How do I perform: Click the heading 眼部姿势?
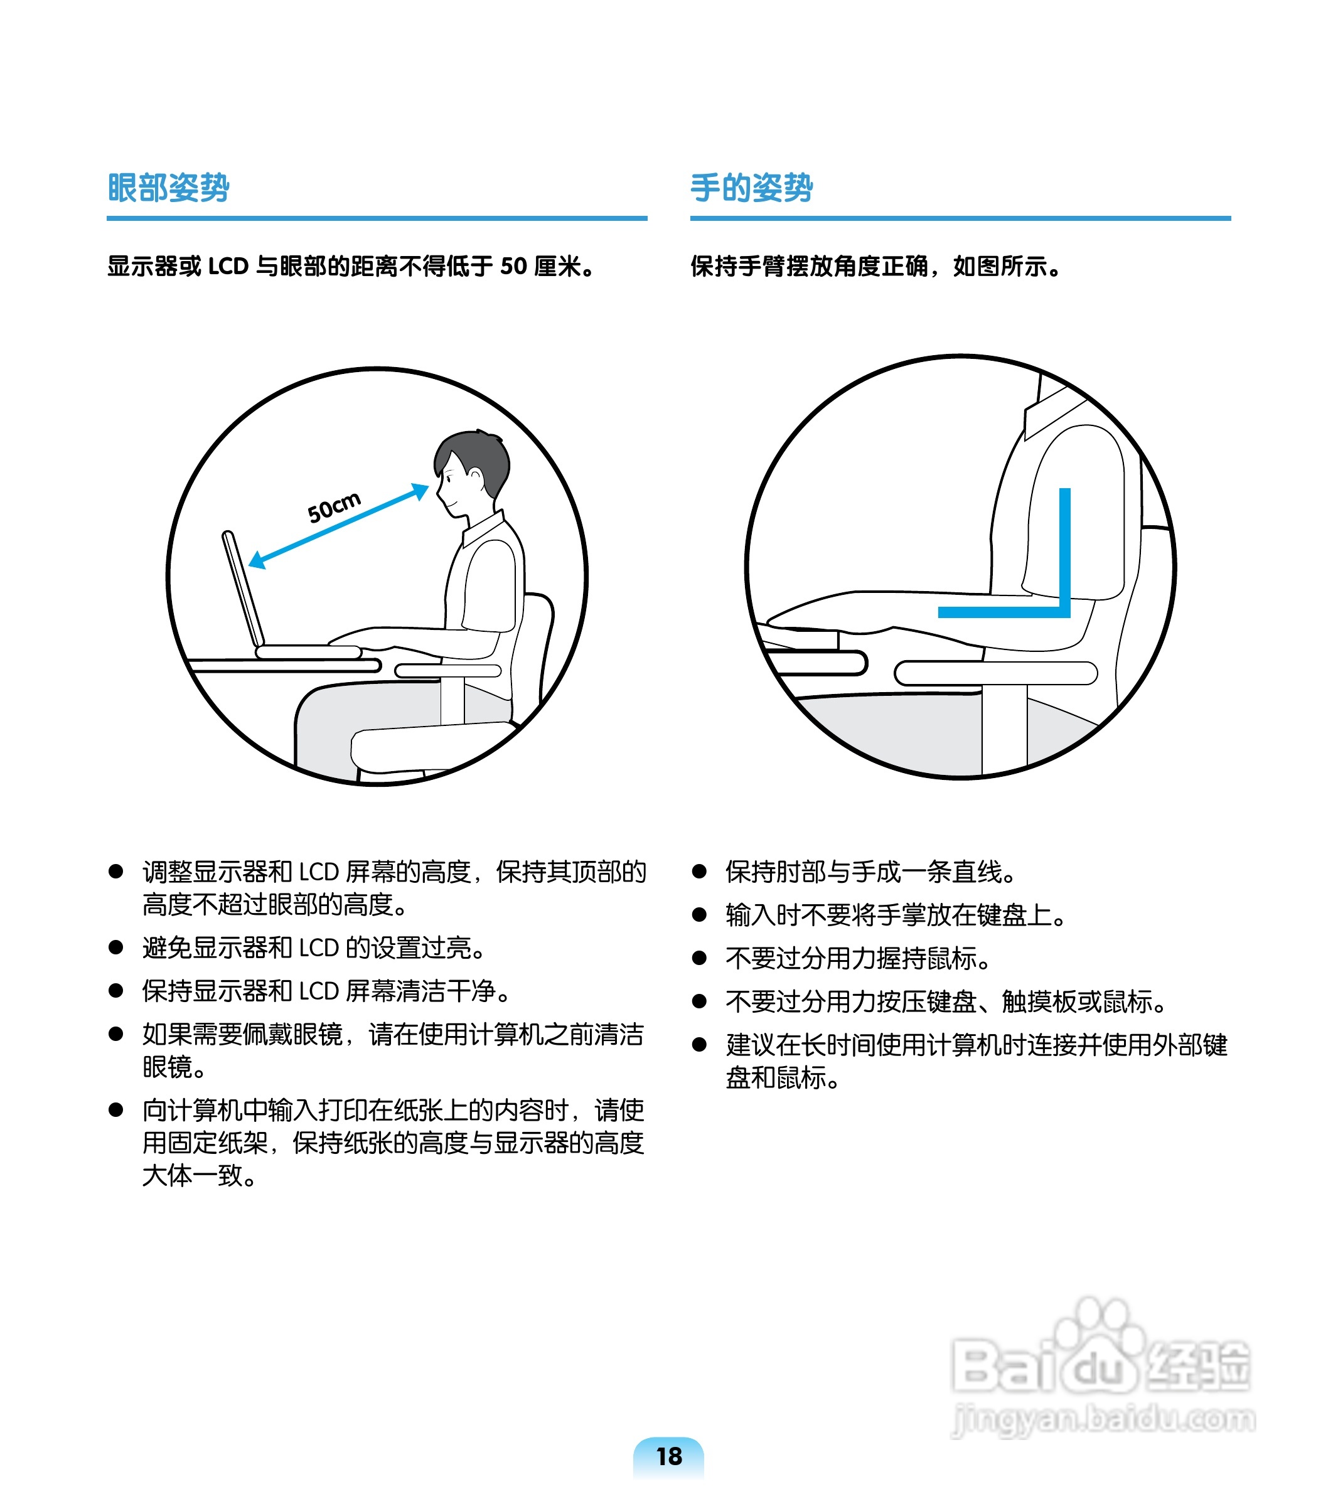pyautogui.click(x=168, y=188)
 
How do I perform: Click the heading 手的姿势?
pyautogui.click(x=751, y=188)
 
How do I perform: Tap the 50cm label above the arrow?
pyautogui.click(x=334, y=507)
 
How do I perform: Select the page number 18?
pyautogui.click(x=669, y=1456)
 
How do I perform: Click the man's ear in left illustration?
pyautogui.click(x=476, y=478)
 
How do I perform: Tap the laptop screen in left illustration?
pyautogui.click(x=244, y=588)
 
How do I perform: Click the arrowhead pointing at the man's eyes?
pyautogui.click(x=420, y=491)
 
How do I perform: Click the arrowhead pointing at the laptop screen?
pyautogui.click(x=257, y=560)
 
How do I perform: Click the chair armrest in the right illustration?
pyautogui.click(x=995, y=673)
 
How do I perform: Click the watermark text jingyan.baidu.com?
pyautogui.click(x=1103, y=1418)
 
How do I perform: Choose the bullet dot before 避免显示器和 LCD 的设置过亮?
pyautogui.click(x=115, y=947)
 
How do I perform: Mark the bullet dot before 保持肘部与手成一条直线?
pyautogui.click(x=699, y=872)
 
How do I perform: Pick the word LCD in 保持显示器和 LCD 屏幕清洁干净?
pyautogui.click(x=318, y=991)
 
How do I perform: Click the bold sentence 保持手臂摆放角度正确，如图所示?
pyautogui.click(x=875, y=266)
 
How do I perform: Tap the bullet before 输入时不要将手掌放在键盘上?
pyautogui.click(x=699, y=915)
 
